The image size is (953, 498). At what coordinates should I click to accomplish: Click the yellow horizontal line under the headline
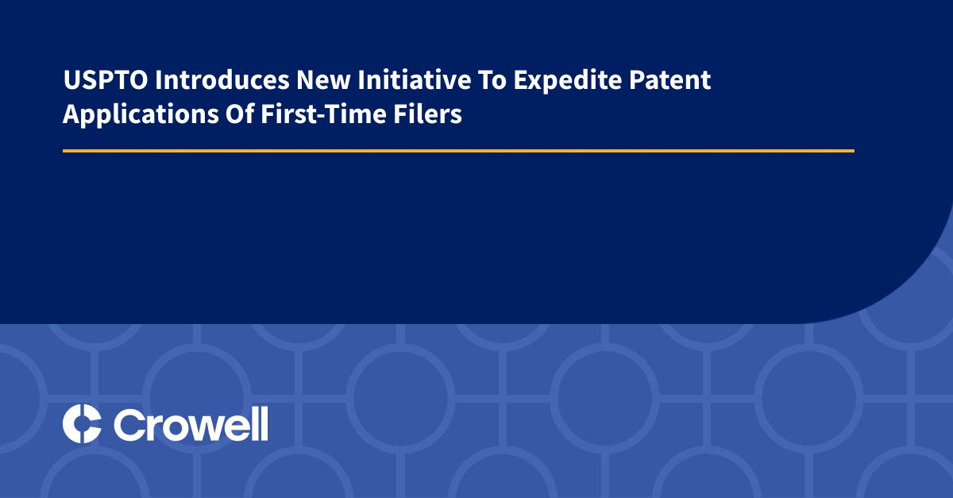point(458,150)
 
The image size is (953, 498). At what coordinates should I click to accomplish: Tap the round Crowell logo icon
point(82,423)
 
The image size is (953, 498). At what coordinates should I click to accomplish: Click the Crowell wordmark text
point(191,423)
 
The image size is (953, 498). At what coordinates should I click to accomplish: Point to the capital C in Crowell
point(129,424)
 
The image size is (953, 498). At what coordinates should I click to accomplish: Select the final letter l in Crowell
point(264,423)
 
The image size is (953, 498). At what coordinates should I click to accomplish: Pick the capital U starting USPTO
point(70,81)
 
